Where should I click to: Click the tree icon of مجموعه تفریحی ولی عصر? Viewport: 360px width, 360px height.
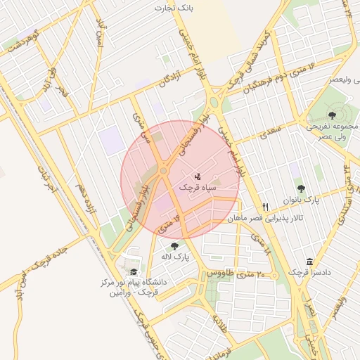point(332,115)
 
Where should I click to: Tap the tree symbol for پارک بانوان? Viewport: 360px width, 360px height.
point(301,188)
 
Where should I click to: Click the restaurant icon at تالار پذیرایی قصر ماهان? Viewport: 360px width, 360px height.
point(265,207)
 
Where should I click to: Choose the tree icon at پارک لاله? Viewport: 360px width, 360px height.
point(174,246)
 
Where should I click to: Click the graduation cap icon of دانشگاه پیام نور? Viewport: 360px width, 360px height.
point(133,272)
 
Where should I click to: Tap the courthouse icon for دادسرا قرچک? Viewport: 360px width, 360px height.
point(310,262)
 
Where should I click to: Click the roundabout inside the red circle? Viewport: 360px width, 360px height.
point(164,169)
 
